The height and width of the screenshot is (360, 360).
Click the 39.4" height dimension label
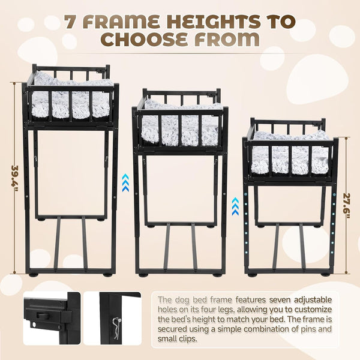pyautogui.click(x=16, y=179)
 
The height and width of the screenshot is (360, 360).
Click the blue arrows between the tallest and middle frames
pyautogui.click(x=125, y=183)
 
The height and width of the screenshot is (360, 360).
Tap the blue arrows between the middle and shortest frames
pyautogui.click(x=235, y=206)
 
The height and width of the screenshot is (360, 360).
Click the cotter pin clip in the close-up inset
pyautogui.click(x=117, y=325)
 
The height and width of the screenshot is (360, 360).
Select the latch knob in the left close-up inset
pyautogui.click(x=43, y=315)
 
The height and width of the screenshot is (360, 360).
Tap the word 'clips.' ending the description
pyautogui.click(x=187, y=338)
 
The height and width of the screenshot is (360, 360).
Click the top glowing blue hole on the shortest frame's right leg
pyautogui.click(x=334, y=194)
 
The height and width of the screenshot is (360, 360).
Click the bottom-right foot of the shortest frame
pyautogui.click(x=325, y=274)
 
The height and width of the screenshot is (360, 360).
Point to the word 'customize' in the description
pyautogui.click(x=313, y=310)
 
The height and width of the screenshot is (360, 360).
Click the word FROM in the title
pyautogui.click(x=227, y=40)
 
